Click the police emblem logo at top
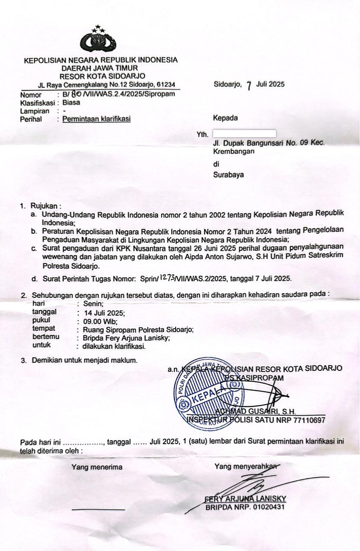pyautogui.click(x=98, y=40)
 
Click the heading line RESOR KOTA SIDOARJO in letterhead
pyautogui.click(x=100, y=76)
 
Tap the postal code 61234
pyautogui.click(x=164, y=84)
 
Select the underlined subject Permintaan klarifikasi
pyautogui.click(x=96, y=119)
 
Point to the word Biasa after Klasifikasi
pyautogui.click(x=71, y=103)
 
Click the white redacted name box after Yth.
pyautogui.click(x=244, y=133)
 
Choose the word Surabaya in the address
pyautogui.click(x=228, y=175)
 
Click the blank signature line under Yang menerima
pyautogui.click(x=98, y=510)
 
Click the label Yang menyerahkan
pyautogui.click(x=245, y=467)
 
